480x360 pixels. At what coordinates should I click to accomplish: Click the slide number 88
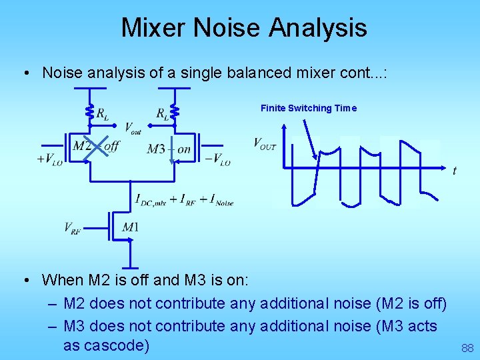[x=467, y=348]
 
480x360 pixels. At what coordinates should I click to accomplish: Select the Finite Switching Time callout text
[x=308, y=108]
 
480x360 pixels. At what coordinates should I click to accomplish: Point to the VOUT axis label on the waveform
[x=265, y=143]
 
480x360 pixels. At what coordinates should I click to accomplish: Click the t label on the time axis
[x=455, y=171]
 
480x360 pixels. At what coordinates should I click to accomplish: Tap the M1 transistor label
[x=131, y=227]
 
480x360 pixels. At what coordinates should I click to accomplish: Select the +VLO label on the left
[x=50, y=160]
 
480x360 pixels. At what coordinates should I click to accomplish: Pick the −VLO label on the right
[x=217, y=160]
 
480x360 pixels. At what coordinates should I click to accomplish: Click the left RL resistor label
[x=103, y=114]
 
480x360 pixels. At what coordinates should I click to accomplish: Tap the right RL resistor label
[x=162, y=114]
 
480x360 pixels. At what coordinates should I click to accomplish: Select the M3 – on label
[x=169, y=149]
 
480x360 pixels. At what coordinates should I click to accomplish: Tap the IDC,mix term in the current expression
[x=150, y=199]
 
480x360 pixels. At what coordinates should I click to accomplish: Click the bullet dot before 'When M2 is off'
[x=24, y=280]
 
